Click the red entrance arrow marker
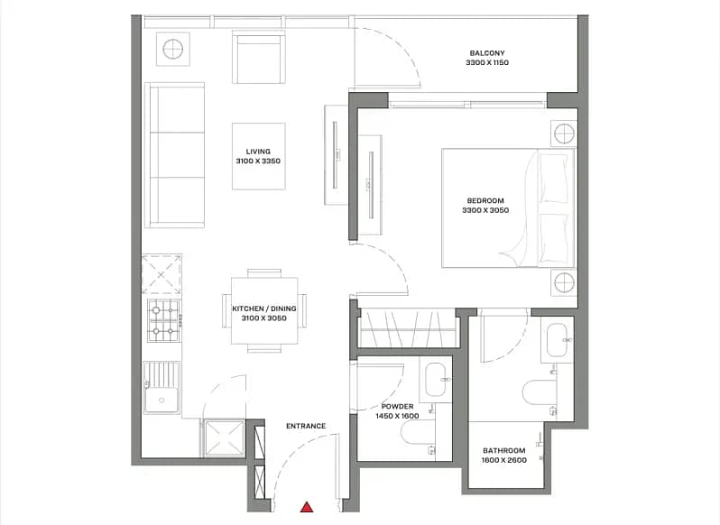307,507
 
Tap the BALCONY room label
486,53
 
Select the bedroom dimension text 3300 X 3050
485,210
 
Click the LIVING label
258,152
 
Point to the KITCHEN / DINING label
264,309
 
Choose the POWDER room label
397,406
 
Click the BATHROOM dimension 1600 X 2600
504,460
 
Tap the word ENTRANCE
306,426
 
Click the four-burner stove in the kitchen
163,320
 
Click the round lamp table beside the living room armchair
173,49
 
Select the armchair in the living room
259,57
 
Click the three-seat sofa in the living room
174,155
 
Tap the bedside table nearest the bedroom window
564,134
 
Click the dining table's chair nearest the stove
226,310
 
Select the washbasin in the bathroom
557,340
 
